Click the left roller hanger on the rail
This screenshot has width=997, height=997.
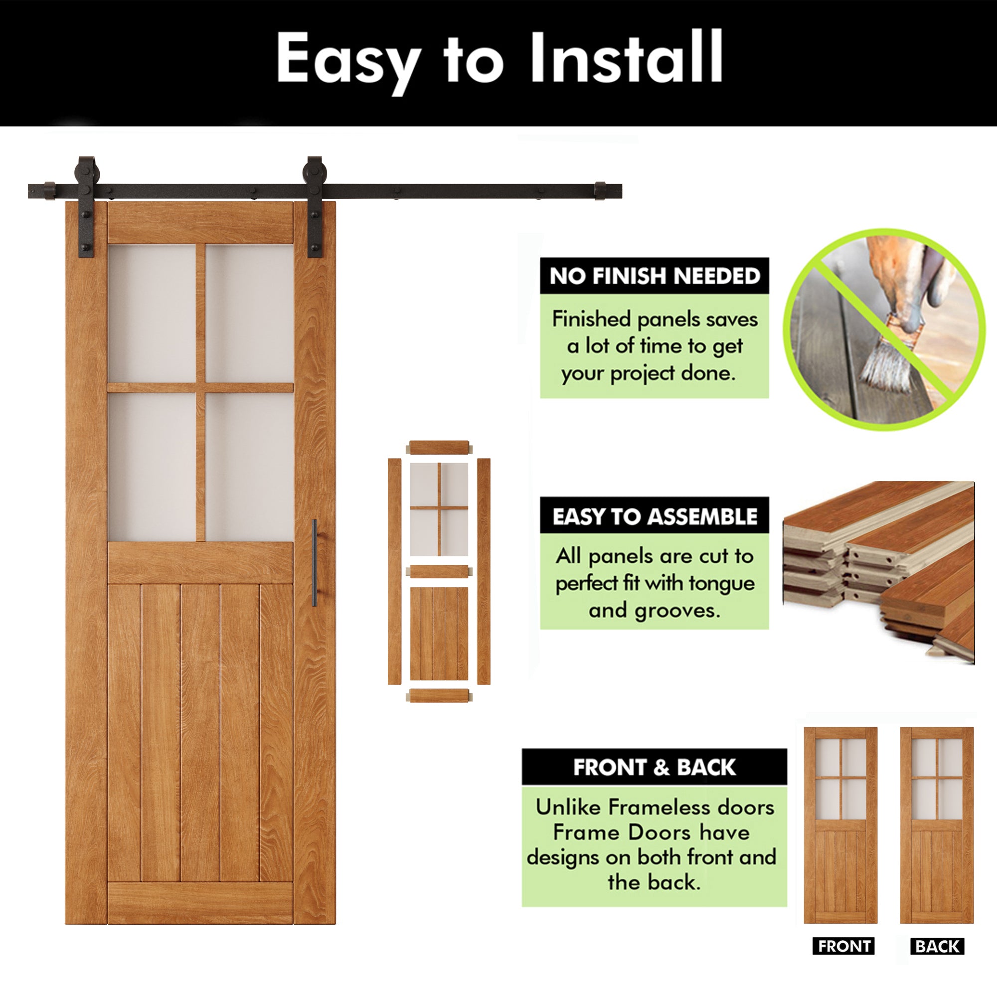click(x=86, y=206)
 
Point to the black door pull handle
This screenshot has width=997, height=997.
click(x=315, y=563)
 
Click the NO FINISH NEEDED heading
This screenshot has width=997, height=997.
click(x=655, y=276)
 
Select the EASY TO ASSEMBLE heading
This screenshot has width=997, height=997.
click(x=655, y=516)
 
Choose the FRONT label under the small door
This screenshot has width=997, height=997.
click(x=844, y=947)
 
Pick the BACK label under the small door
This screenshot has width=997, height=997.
click(x=937, y=947)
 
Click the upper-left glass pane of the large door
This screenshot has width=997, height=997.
click(x=152, y=313)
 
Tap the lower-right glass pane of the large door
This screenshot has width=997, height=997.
click(x=249, y=467)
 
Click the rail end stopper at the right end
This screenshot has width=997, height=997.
click(x=600, y=191)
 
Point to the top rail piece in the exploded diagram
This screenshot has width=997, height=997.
click(x=439, y=448)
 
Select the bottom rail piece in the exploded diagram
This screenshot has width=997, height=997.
click(x=439, y=696)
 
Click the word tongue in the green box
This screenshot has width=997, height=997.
click(x=721, y=584)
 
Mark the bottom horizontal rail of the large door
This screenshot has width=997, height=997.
click(x=200, y=903)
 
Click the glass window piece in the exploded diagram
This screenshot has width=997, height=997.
click(x=439, y=509)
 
